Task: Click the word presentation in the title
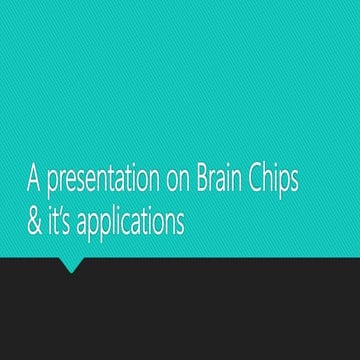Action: (x=93, y=183)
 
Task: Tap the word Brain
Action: (x=229, y=181)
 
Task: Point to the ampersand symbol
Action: (x=33, y=222)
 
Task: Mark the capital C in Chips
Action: (x=263, y=181)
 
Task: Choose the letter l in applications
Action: (x=109, y=220)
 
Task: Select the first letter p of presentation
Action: (x=51, y=186)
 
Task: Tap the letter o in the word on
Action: (x=172, y=184)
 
